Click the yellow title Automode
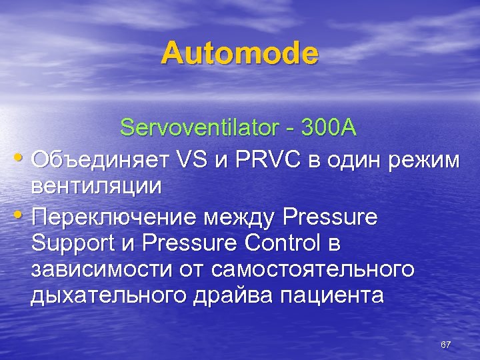pyautogui.click(x=239, y=53)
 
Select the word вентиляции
pyautogui.click(x=96, y=186)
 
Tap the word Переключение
pyautogui.click(x=114, y=216)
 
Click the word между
pyautogui.click(x=241, y=216)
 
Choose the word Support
pyautogui.click(x=69, y=244)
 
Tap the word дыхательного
pyautogui.click(x=107, y=296)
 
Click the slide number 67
pyautogui.click(x=446, y=345)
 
